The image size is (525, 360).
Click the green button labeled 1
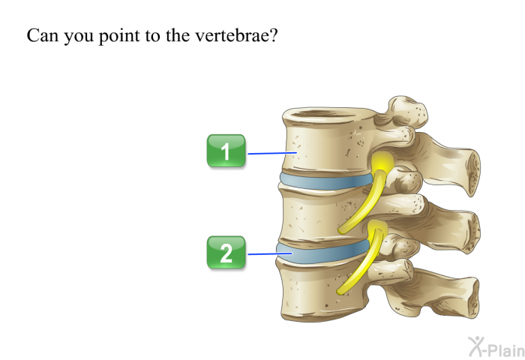pos(226,151)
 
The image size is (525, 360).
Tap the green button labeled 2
pos(226,252)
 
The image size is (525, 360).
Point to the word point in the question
pos(118,36)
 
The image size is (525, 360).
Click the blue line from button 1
pos(272,153)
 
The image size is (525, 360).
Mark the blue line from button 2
pos(270,253)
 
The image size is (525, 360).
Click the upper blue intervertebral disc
pos(326,181)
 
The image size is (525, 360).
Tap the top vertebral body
pos(330,141)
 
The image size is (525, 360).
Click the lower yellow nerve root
pos(363,258)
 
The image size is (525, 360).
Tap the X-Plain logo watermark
pos(496,347)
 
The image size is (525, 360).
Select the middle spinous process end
pos(472,232)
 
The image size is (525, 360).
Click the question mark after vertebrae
pos(274,35)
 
